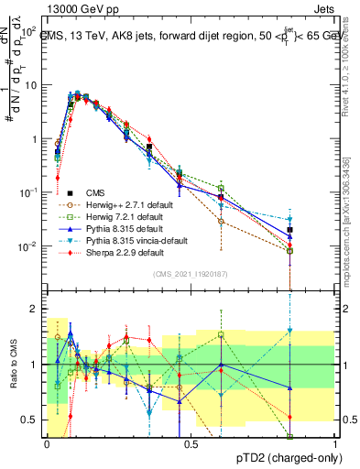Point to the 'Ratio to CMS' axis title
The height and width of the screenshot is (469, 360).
point(12,365)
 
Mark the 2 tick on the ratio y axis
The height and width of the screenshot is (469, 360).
point(37,309)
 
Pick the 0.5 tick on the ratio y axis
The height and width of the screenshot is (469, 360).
point(33,420)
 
